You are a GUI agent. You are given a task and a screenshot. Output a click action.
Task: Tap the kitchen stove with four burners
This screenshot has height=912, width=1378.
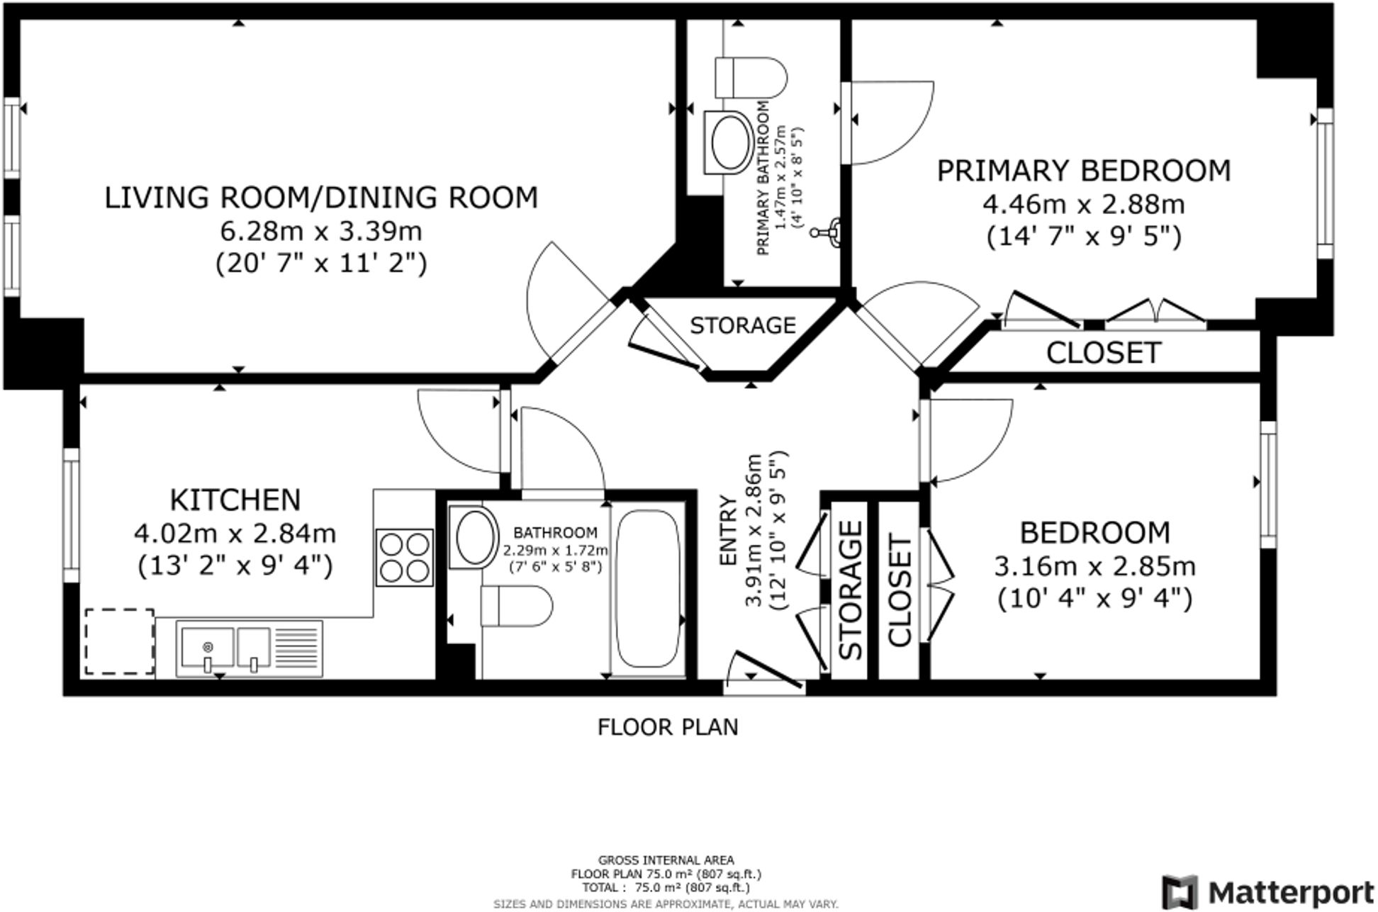[405, 557]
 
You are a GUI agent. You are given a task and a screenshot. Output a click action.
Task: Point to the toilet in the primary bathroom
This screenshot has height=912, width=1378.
[751, 77]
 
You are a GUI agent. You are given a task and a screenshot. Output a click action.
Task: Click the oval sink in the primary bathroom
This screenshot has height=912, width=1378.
[729, 142]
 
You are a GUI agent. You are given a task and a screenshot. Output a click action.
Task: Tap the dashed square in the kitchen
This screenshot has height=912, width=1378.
[119, 641]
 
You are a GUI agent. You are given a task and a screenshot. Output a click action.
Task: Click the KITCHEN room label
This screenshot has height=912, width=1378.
[235, 500]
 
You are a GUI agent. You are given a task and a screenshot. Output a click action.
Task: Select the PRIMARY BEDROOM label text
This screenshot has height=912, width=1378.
[1084, 171]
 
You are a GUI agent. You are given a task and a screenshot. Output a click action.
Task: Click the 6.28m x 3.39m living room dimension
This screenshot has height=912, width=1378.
[321, 231]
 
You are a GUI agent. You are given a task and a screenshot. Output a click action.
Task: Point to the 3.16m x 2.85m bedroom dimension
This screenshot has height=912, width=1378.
[1094, 566]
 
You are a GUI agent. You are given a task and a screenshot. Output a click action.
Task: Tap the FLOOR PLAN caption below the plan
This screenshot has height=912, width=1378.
[668, 727]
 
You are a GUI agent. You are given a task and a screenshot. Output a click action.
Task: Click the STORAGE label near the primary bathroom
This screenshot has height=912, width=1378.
[743, 325]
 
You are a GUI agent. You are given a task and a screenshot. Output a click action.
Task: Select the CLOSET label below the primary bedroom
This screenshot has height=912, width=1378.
[1104, 353]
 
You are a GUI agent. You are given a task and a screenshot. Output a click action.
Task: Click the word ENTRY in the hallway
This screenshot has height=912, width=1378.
[728, 531]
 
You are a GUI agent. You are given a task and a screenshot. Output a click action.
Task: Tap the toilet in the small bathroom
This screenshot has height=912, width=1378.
[516, 607]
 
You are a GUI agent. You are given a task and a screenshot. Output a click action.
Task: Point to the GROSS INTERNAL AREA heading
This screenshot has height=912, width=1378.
[666, 861]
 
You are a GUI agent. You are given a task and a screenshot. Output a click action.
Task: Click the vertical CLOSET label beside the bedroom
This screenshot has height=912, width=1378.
[899, 592]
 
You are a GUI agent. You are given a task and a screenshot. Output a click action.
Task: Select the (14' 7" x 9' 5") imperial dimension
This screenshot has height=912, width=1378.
[1084, 236]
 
